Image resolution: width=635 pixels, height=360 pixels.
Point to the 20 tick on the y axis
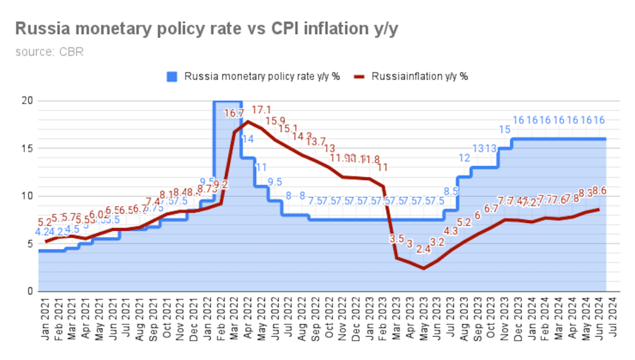click(x=27, y=100)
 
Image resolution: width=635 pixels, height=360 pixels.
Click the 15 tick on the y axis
click(x=27, y=148)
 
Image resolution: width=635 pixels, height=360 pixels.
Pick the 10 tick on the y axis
click(x=27, y=196)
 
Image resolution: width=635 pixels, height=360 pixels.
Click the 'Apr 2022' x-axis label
click(x=246, y=321)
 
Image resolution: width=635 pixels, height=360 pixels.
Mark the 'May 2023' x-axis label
click(x=426, y=321)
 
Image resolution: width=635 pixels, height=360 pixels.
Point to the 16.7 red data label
click(x=234, y=113)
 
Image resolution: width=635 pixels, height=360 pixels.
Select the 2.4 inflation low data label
click(x=423, y=248)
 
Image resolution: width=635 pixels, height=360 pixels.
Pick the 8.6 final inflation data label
click(x=600, y=191)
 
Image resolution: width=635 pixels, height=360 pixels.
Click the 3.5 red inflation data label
click(x=397, y=239)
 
